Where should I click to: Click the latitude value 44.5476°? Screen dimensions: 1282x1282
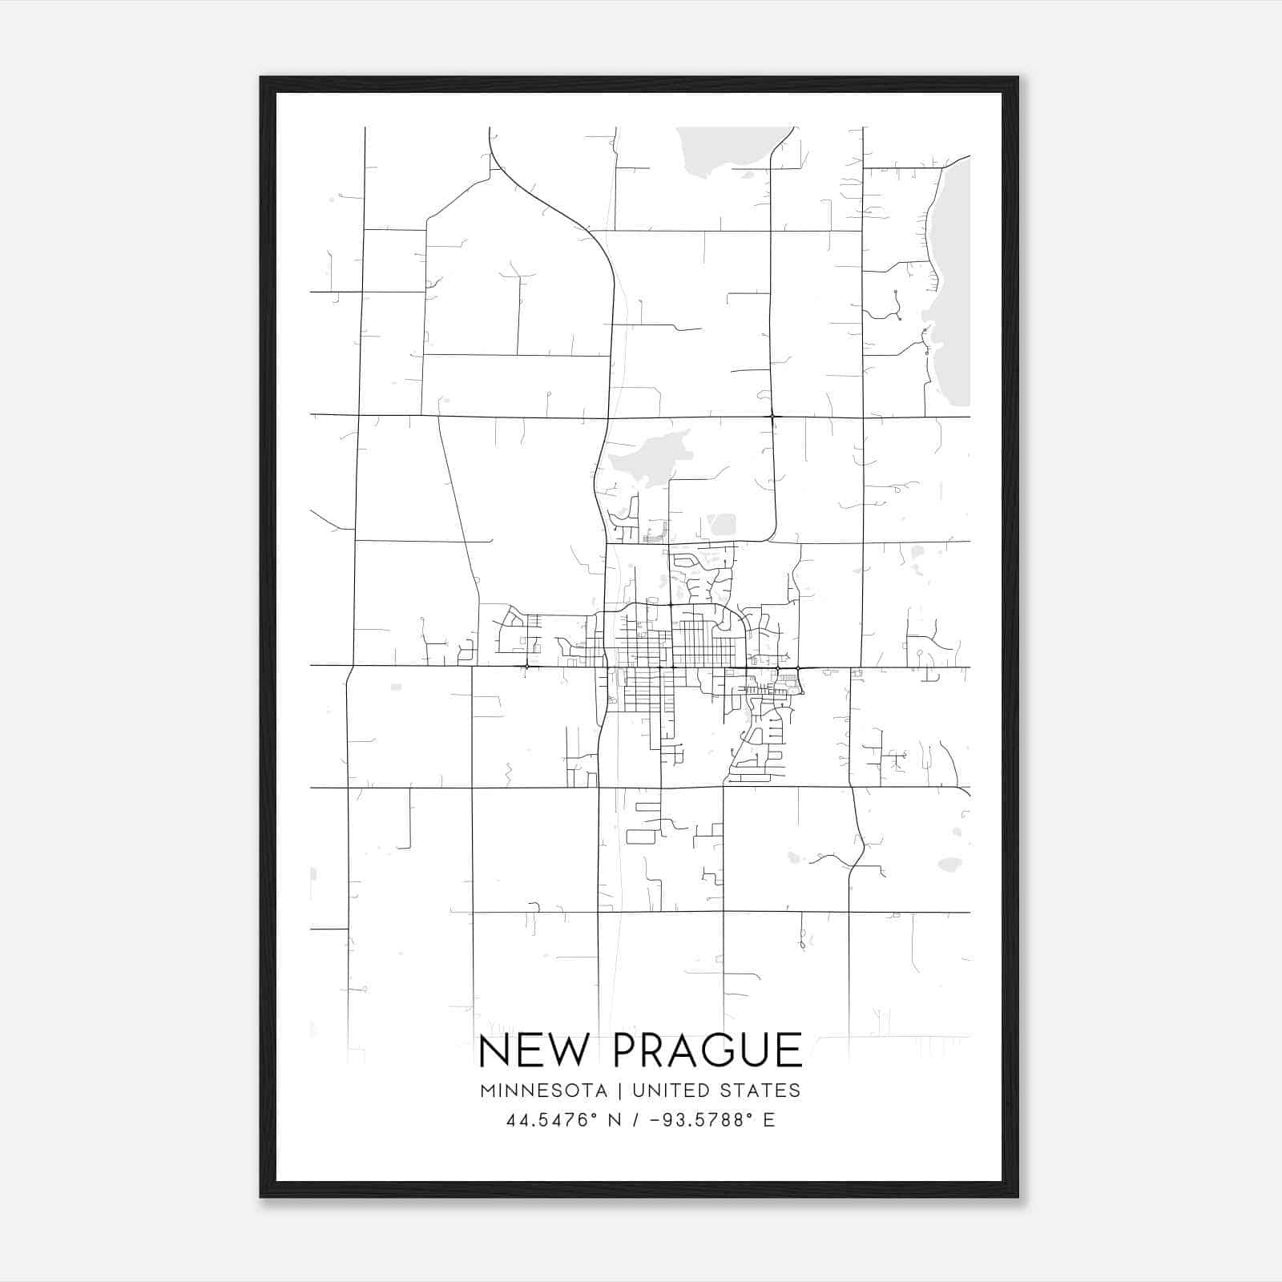pyautogui.click(x=553, y=1120)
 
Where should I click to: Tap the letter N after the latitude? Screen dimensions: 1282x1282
pyautogui.click(x=616, y=1120)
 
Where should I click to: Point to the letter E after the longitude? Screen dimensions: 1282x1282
pyautogui.click(x=769, y=1120)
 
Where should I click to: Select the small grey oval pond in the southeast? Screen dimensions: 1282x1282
pyautogui.click(x=949, y=865)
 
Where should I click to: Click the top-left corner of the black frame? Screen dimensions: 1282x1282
pyautogui.click(x=261, y=78)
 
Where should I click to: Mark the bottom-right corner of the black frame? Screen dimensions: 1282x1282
pyautogui.click(x=1018, y=1196)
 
